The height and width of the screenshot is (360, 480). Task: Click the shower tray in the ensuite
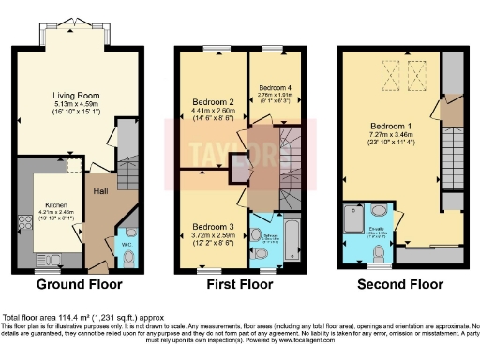tap(356, 217)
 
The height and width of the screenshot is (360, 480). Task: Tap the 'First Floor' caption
tap(235, 281)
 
